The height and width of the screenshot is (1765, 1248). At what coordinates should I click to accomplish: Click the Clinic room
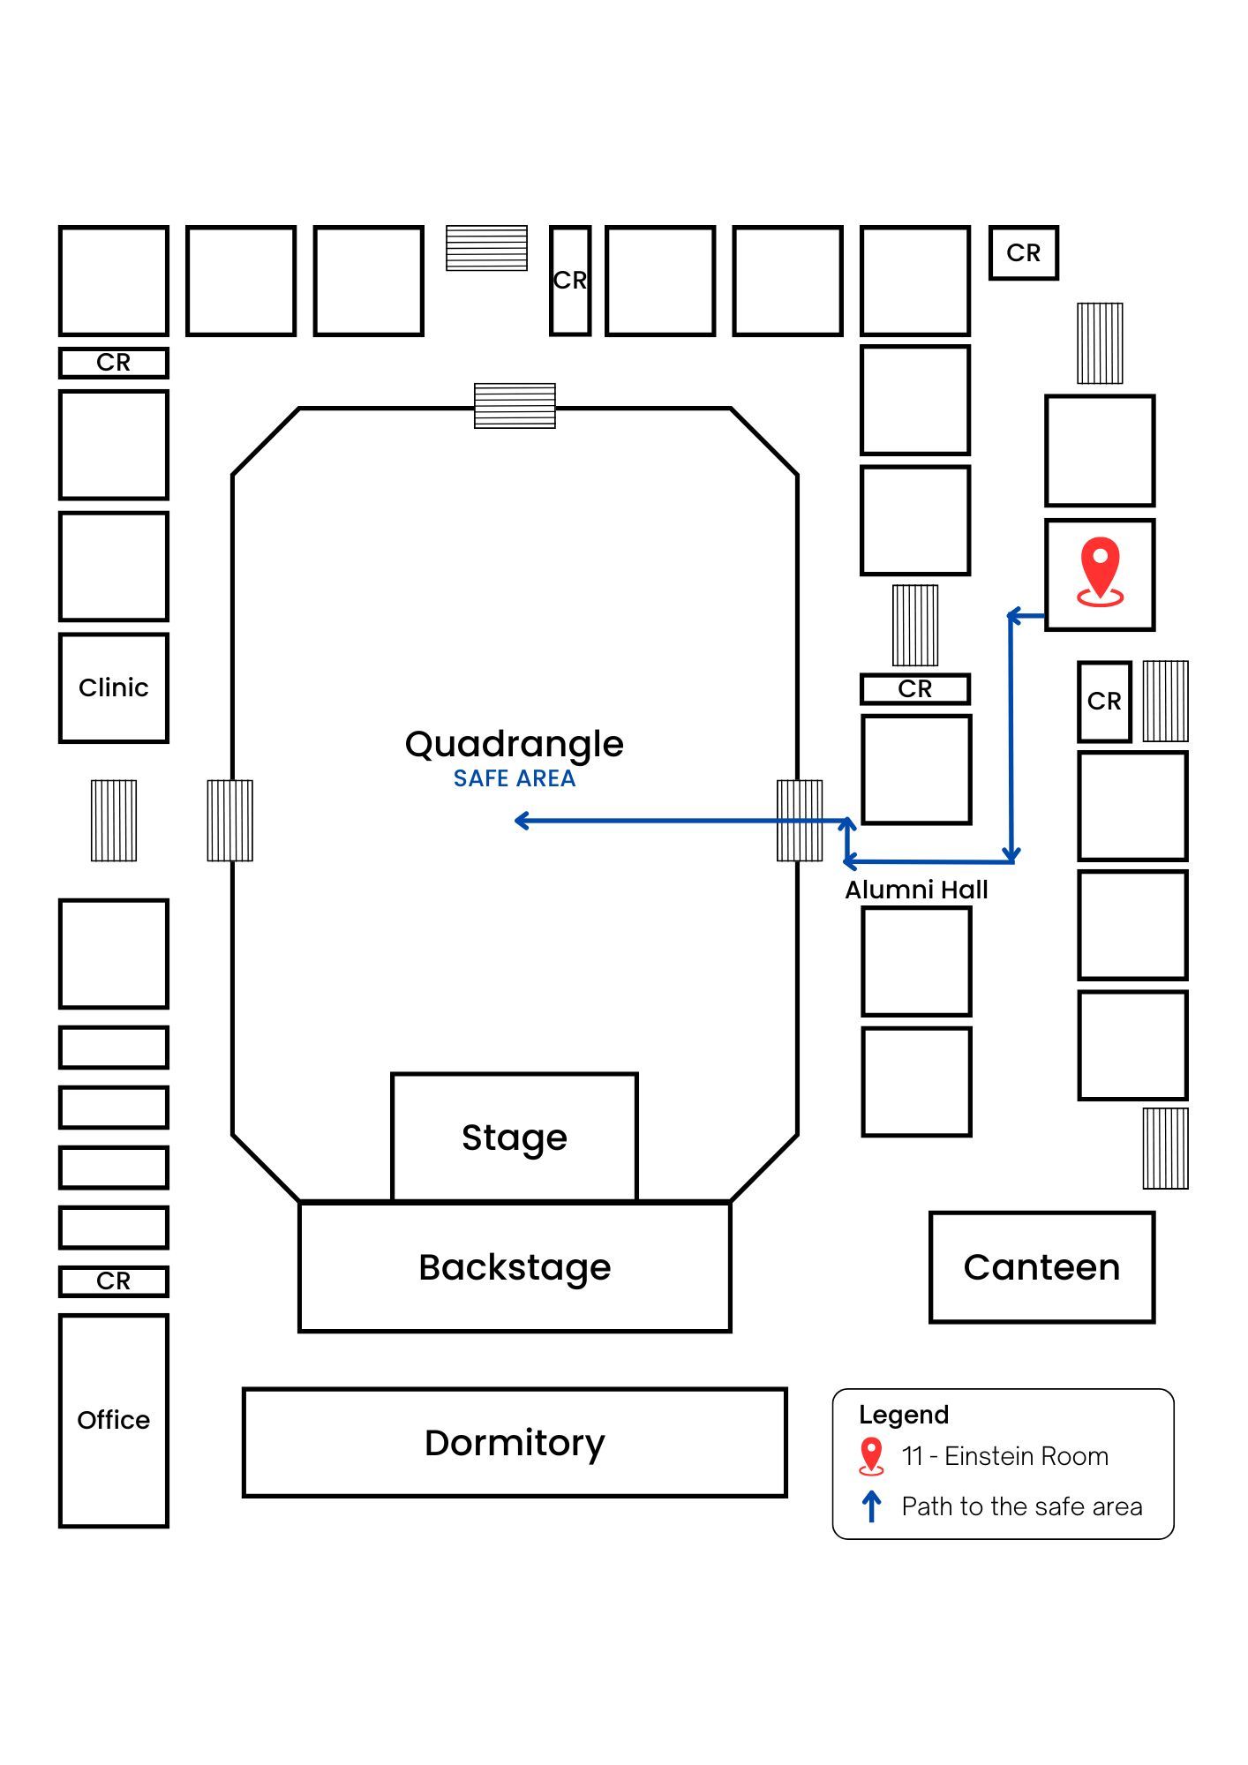pos(113,687)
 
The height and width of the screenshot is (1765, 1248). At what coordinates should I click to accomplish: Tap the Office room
pos(113,1420)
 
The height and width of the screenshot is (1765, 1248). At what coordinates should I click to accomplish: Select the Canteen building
pos(1041,1267)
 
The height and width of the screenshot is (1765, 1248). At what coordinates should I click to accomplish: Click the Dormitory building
pos(515,1442)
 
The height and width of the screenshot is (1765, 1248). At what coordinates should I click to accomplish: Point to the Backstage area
pos(515,1267)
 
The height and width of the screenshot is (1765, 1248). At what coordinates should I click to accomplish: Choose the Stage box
pos(515,1138)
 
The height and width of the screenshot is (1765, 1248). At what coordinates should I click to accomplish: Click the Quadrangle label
pos(515,744)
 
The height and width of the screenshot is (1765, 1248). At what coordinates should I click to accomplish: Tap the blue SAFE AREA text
pos(515,778)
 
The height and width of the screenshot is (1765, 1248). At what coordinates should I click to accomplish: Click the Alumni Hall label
pos(916,890)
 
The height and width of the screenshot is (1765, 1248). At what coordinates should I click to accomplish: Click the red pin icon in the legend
pos(871,1456)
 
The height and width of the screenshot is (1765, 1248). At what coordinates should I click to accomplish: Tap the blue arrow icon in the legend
pos(871,1506)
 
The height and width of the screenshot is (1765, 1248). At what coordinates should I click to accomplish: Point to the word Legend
pos(904,1415)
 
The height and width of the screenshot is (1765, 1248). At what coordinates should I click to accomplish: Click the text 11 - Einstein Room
pos(1004,1456)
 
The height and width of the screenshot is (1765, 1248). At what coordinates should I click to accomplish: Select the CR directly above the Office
pos(113,1281)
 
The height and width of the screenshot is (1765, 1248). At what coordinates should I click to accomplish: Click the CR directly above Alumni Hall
pos(915,689)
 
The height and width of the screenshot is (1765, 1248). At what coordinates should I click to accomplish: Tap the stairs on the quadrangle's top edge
pos(515,406)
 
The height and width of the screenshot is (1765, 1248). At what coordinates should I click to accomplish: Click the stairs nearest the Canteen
pos(1165,1148)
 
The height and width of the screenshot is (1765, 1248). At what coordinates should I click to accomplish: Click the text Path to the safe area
pos(1021,1506)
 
